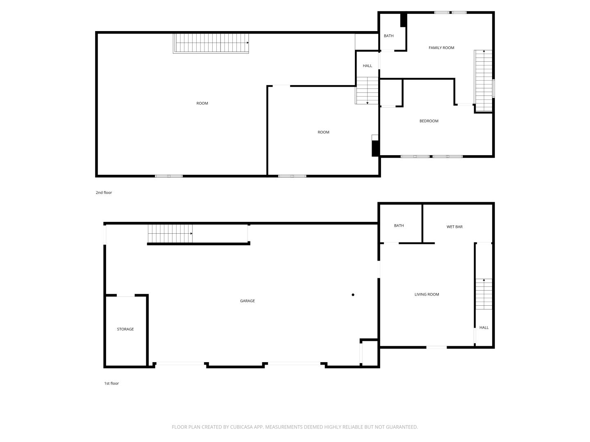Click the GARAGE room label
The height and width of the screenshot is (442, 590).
pos(247,301)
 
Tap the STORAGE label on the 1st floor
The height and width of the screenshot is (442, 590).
pos(125,329)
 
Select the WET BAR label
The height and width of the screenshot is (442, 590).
pos(454,227)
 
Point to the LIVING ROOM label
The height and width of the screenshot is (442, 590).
pos(427,294)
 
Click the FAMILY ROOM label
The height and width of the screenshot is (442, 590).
pos(441,48)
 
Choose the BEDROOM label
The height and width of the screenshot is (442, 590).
pos(429,121)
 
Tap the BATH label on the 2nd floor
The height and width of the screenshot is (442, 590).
pos(389,36)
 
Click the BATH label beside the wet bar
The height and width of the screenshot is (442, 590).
pos(399,226)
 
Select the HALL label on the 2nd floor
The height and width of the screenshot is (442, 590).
pos(368,66)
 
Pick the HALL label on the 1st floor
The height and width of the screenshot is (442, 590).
pos(484,327)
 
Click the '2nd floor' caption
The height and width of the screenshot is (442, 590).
pos(104,192)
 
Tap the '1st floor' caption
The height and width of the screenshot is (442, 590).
pos(111,383)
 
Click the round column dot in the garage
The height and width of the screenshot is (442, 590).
pos(353,295)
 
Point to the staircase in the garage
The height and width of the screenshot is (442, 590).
pos(170,233)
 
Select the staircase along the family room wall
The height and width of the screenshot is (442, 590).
pos(483,81)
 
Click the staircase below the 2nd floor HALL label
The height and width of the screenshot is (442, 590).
pos(367,90)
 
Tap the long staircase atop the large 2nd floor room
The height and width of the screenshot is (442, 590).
pos(211,43)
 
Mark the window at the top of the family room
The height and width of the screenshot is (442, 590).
pos(451,12)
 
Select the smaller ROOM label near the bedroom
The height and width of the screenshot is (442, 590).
pos(323,132)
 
